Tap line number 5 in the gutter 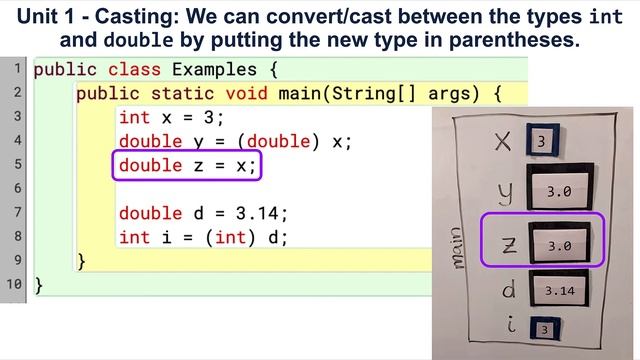coord(17,165)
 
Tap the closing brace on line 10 coord(39,285)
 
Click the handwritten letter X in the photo coord(503,142)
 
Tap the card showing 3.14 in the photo coord(560,290)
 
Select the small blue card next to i coord(543,328)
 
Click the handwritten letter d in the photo coord(507,289)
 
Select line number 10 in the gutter coord(14,285)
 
